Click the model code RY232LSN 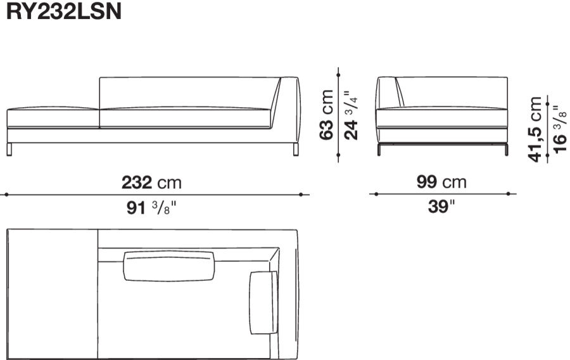pos(63,13)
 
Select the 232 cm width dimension pos(151,183)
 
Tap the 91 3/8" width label pos(151,208)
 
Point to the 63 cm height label pos(327,115)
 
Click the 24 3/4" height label pos(350,114)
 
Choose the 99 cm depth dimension pos(441,183)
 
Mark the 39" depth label pos(441,207)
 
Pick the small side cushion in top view pos(263,302)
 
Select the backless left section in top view pos(51,294)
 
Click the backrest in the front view pos(184,91)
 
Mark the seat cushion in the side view pos(443,118)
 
